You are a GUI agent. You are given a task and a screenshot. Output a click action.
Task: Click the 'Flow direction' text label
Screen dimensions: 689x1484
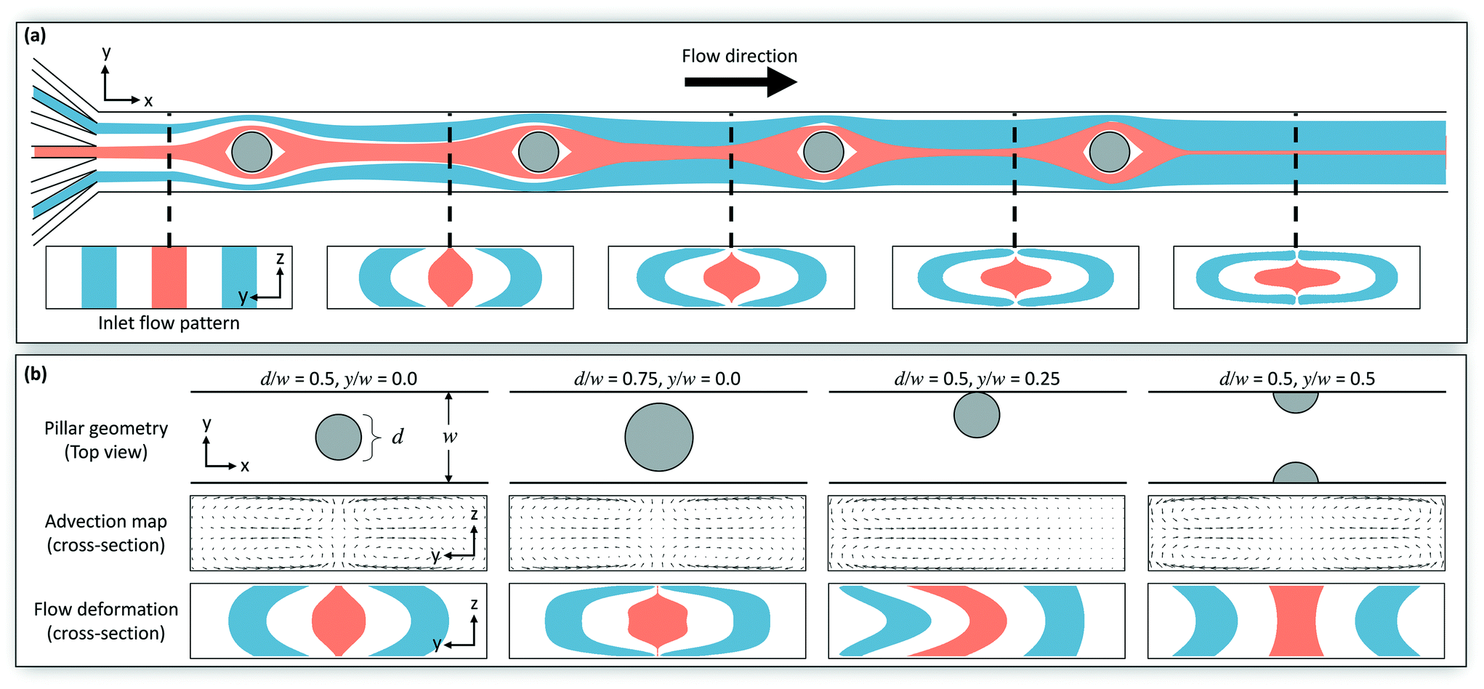pyautogui.click(x=739, y=56)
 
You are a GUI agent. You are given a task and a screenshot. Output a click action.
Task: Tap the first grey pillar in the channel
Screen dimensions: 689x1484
pyautogui.click(x=251, y=152)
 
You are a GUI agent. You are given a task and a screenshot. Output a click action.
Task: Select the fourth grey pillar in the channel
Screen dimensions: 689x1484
pyautogui.click(x=1109, y=152)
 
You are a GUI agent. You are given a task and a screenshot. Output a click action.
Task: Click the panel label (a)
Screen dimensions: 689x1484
pyautogui.click(x=35, y=36)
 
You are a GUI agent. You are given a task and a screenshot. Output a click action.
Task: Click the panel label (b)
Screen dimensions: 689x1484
pyautogui.click(x=35, y=374)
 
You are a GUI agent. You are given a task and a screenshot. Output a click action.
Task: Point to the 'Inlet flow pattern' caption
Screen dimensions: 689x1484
pyautogui.click(x=169, y=323)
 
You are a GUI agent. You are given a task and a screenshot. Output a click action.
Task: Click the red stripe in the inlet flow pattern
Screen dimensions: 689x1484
pyautogui.click(x=169, y=277)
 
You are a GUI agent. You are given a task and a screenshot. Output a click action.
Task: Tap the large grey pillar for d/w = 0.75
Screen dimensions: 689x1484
pyautogui.click(x=658, y=437)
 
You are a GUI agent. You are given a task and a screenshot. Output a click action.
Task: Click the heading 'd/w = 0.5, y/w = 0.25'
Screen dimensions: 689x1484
pyautogui.click(x=977, y=379)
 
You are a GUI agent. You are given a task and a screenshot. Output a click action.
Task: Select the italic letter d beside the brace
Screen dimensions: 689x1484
pyautogui.click(x=398, y=437)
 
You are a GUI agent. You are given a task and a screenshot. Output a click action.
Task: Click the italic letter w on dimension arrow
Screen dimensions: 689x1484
pyautogui.click(x=450, y=437)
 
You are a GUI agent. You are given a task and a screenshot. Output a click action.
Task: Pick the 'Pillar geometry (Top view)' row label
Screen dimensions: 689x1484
pyautogui.click(x=106, y=440)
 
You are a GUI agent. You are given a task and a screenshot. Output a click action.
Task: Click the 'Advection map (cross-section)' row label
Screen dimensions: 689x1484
pyautogui.click(x=106, y=533)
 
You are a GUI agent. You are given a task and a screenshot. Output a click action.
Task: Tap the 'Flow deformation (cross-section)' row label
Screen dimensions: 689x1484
pyautogui.click(x=106, y=621)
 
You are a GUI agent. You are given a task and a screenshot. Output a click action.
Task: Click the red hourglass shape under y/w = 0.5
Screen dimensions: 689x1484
pyautogui.click(x=1296, y=621)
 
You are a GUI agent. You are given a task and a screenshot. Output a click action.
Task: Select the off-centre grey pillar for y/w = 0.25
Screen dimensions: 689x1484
pyautogui.click(x=976, y=415)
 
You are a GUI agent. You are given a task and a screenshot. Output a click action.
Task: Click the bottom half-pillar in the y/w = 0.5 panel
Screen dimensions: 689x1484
pyautogui.click(x=1295, y=475)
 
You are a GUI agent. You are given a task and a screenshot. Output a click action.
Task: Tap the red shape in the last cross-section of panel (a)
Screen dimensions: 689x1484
pyautogui.click(x=1297, y=277)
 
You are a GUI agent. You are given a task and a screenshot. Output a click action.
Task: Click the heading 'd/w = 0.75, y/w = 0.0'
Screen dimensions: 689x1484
pyautogui.click(x=657, y=379)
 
